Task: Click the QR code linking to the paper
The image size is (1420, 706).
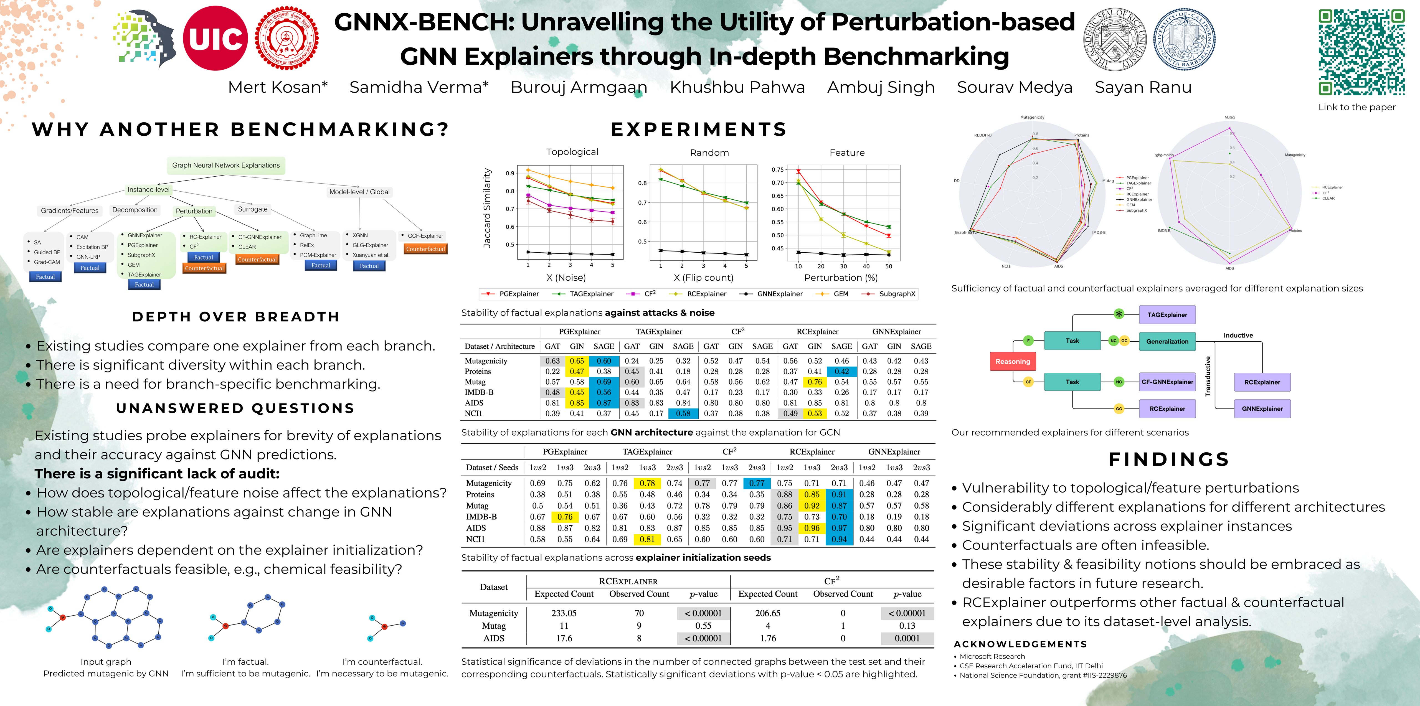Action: [x=1361, y=52]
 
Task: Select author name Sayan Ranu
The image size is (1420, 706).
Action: [x=1143, y=87]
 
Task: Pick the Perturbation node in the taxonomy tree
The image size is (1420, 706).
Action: [x=194, y=211]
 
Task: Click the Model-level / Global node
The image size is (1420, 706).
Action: [x=359, y=192]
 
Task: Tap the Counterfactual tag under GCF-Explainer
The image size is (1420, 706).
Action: [x=425, y=249]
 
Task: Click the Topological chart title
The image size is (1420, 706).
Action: [x=572, y=152]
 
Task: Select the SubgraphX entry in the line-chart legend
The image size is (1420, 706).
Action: [x=897, y=294]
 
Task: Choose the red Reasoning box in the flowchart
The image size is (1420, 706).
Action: [x=1013, y=362]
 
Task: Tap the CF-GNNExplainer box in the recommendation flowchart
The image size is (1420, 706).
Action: [x=1167, y=382]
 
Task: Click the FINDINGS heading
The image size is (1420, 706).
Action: [x=1169, y=459]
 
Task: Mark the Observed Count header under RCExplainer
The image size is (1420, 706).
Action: [x=639, y=594]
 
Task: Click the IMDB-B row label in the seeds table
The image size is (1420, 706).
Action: [x=481, y=517]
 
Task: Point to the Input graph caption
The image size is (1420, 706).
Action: [x=106, y=662]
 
